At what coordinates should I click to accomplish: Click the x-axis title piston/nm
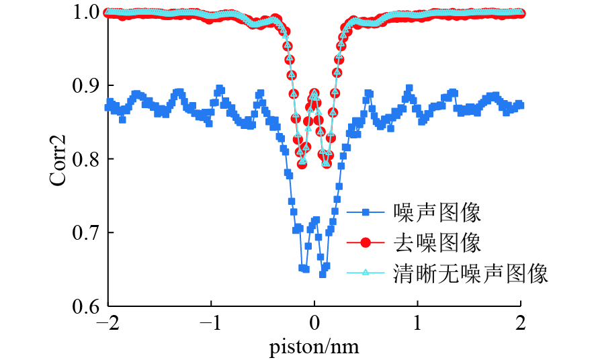(314, 346)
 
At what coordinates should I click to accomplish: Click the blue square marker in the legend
(366, 213)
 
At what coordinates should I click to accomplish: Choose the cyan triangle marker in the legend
(366, 273)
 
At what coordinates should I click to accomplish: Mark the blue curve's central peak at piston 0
(315, 220)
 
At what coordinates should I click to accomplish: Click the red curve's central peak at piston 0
(314, 93)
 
